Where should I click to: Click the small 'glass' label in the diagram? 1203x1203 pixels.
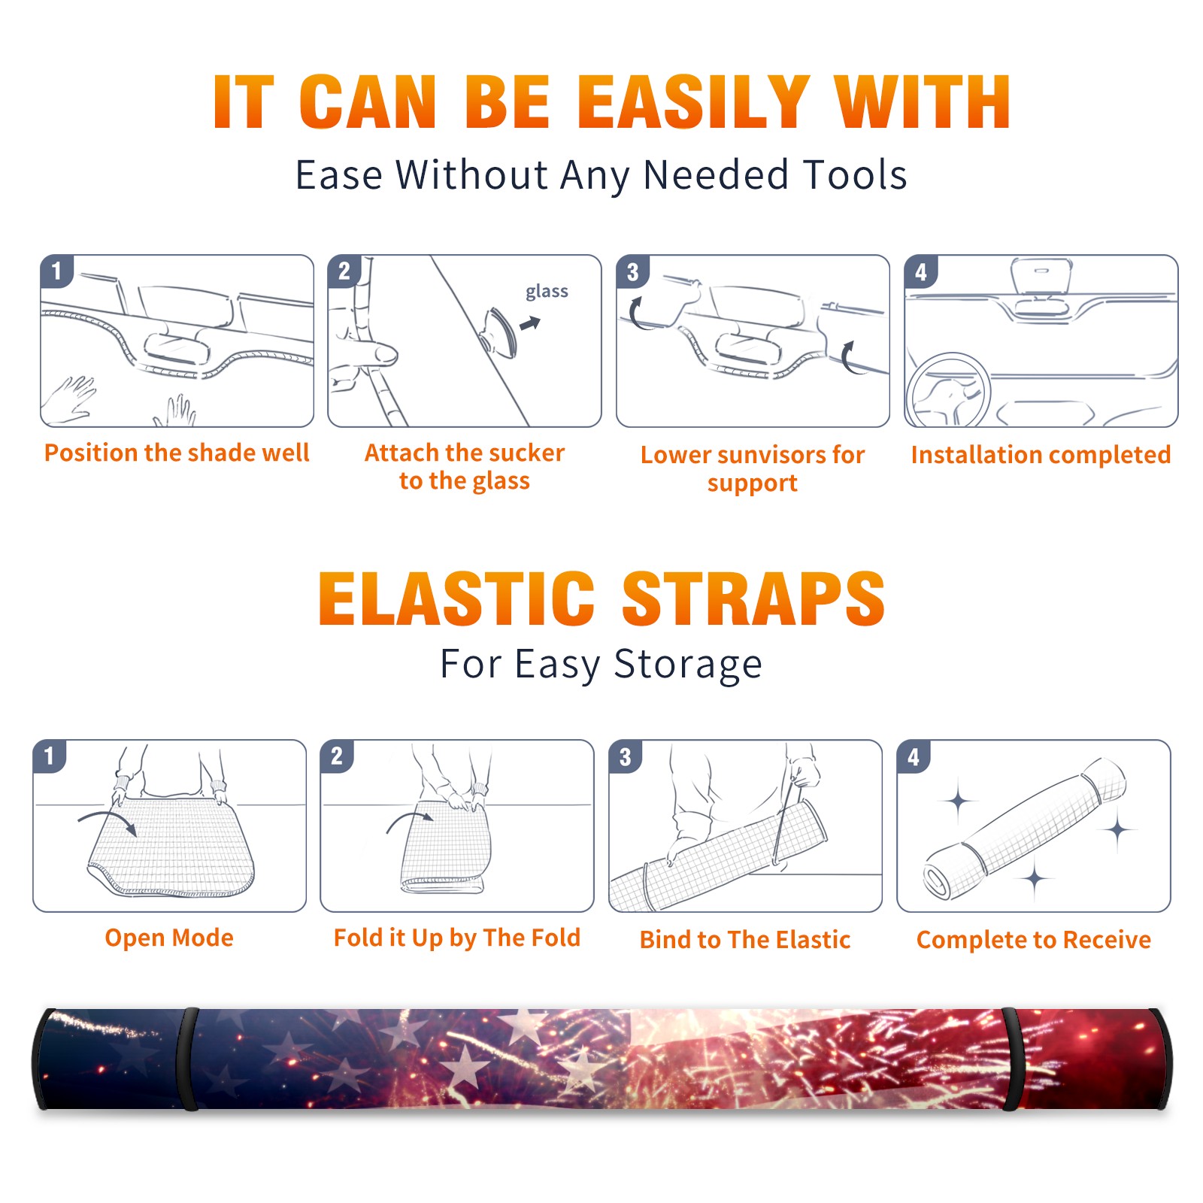tap(547, 291)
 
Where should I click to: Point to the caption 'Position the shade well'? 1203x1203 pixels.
tap(177, 453)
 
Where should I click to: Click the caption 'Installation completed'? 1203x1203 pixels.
tap(1041, 455)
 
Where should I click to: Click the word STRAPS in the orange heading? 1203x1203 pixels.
tap(753, 598)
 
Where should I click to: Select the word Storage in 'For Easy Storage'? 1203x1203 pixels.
tap(688, 665)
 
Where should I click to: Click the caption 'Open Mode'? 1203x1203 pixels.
tap(169, 938)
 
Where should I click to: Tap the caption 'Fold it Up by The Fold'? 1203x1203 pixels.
tap(457, 938)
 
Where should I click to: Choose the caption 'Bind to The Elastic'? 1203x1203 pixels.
tap(745, 940)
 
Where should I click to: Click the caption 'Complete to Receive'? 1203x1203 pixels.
tap(1034, 940)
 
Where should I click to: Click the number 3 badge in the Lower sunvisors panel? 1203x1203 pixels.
tap(632, 271)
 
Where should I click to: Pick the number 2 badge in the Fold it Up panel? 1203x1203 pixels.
tap(337, 756)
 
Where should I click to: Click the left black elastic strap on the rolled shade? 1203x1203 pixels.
tap(188, 1059)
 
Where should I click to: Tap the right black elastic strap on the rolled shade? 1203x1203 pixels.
tap(1012, 1059)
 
